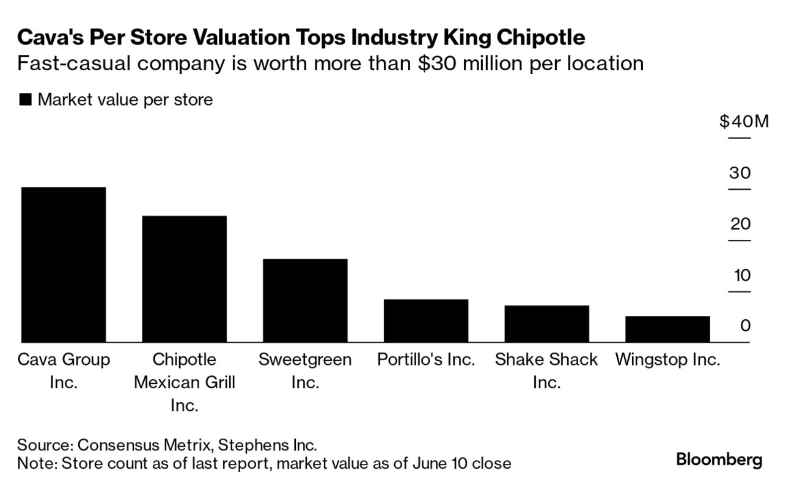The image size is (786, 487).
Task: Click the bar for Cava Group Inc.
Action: (63, 264)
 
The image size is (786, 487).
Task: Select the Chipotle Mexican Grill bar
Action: (184, 279)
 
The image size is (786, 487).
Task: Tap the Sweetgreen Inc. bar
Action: (305, 300)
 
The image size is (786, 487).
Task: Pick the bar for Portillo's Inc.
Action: (426, 320)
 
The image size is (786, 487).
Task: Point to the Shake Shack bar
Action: (546, 323)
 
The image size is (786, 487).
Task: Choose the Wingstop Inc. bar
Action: (667, 329)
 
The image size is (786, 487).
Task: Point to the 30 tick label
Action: (740, 173)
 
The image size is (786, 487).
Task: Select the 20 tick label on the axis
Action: (740, 224)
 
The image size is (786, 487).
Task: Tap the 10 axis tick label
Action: (741, 275)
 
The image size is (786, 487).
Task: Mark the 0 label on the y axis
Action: (745, 326)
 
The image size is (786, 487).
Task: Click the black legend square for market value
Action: (25, 100)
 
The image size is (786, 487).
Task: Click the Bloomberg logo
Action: (719, 460)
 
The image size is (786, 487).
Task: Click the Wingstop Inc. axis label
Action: (667, 359)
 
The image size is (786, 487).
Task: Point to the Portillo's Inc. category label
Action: (426, 359)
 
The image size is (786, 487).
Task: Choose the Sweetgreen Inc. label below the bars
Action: (305, 370)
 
